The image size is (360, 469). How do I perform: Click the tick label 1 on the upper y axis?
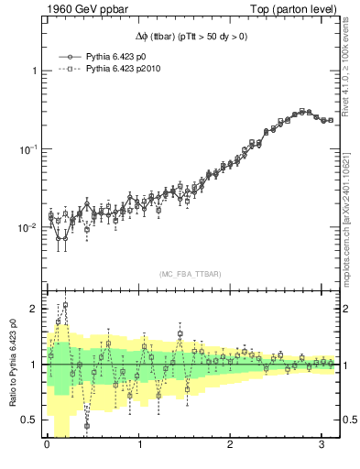click(35, 71)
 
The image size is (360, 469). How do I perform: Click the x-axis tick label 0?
click(47, 447)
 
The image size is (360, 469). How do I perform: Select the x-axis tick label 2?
click(231, 447)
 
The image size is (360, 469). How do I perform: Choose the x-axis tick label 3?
click(322, 447)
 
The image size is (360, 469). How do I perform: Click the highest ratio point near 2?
click(65, 305)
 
